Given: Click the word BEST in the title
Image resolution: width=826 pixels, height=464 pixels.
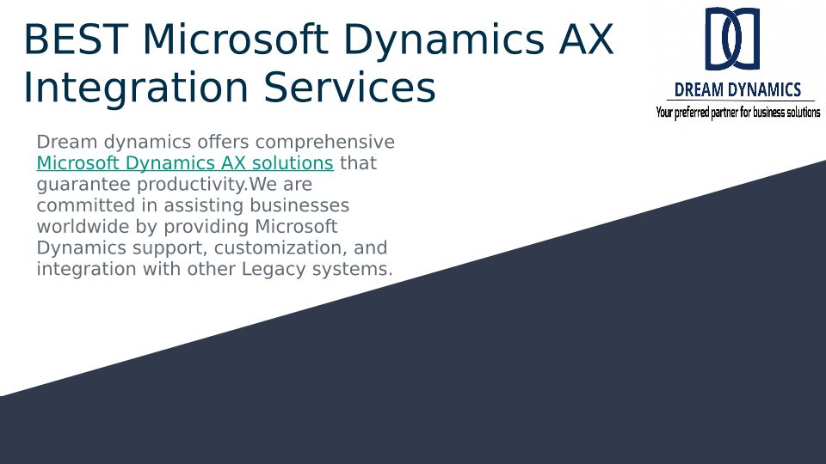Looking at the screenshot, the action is pyautogui.click(x=77, y=40).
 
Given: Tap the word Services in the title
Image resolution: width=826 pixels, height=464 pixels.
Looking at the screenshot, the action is pyautogui.click(x=350, y=88).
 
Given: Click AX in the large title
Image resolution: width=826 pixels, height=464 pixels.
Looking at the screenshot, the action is pyautogui.click(x=586, y=40).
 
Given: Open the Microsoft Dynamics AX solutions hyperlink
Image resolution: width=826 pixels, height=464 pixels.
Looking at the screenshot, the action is pyautogui.click(x=185, y=163).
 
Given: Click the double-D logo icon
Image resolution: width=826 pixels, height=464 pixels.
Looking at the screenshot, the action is pyautogui.click(x=733, y=39).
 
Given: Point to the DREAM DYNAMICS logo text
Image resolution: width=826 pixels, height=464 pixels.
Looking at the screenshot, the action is pyautogui.click(x=737, y=90).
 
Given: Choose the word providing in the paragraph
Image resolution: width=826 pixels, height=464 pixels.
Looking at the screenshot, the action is pyautogui.click(x=206, y=227).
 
